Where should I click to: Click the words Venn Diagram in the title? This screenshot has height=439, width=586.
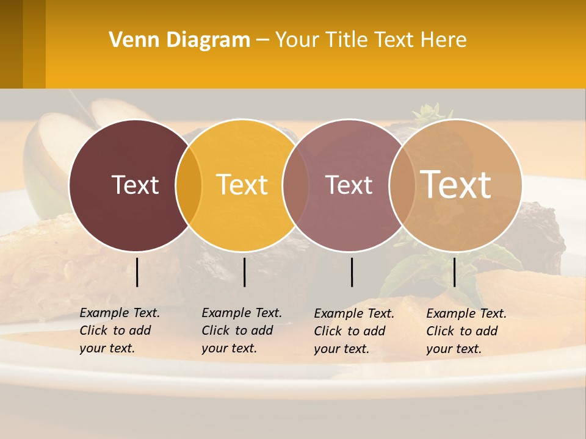[x=179, y=40]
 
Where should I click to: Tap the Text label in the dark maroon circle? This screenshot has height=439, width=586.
[x=135, y=185]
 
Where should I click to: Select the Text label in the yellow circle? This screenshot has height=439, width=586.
[x=242, y=185]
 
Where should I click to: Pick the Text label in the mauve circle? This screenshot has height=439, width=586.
[x=349, y=185]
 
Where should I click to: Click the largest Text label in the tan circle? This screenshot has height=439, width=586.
[x=456, y=184]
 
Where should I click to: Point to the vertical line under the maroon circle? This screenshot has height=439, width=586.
[x=137, y=272]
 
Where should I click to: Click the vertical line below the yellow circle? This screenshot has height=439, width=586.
[x=244, y=272]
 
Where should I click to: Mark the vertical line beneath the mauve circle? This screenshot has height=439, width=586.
[x=352, y=272]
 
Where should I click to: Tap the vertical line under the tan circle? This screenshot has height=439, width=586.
[x=454, y=272]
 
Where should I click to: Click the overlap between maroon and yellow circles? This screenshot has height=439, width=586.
[x=189, y=185]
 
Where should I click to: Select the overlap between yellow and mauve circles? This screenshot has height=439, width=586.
[x=295, y=185]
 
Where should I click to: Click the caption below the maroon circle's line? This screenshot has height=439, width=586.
[x=120, y=330]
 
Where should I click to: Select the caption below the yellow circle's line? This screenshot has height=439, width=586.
[x=242, y=330]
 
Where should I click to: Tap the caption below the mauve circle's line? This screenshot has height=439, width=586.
[x=354, y=331]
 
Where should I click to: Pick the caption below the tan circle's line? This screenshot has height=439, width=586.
[x=466, y=331]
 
